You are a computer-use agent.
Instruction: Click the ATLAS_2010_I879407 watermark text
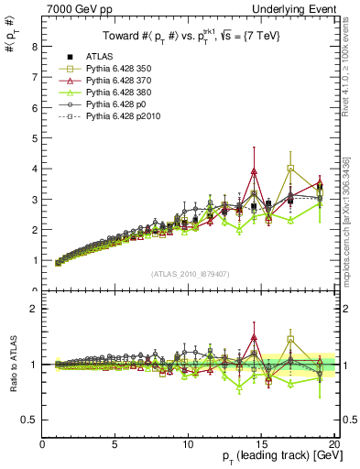tap(190, 273)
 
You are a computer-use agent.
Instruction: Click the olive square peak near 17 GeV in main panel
tap(290, 169)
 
